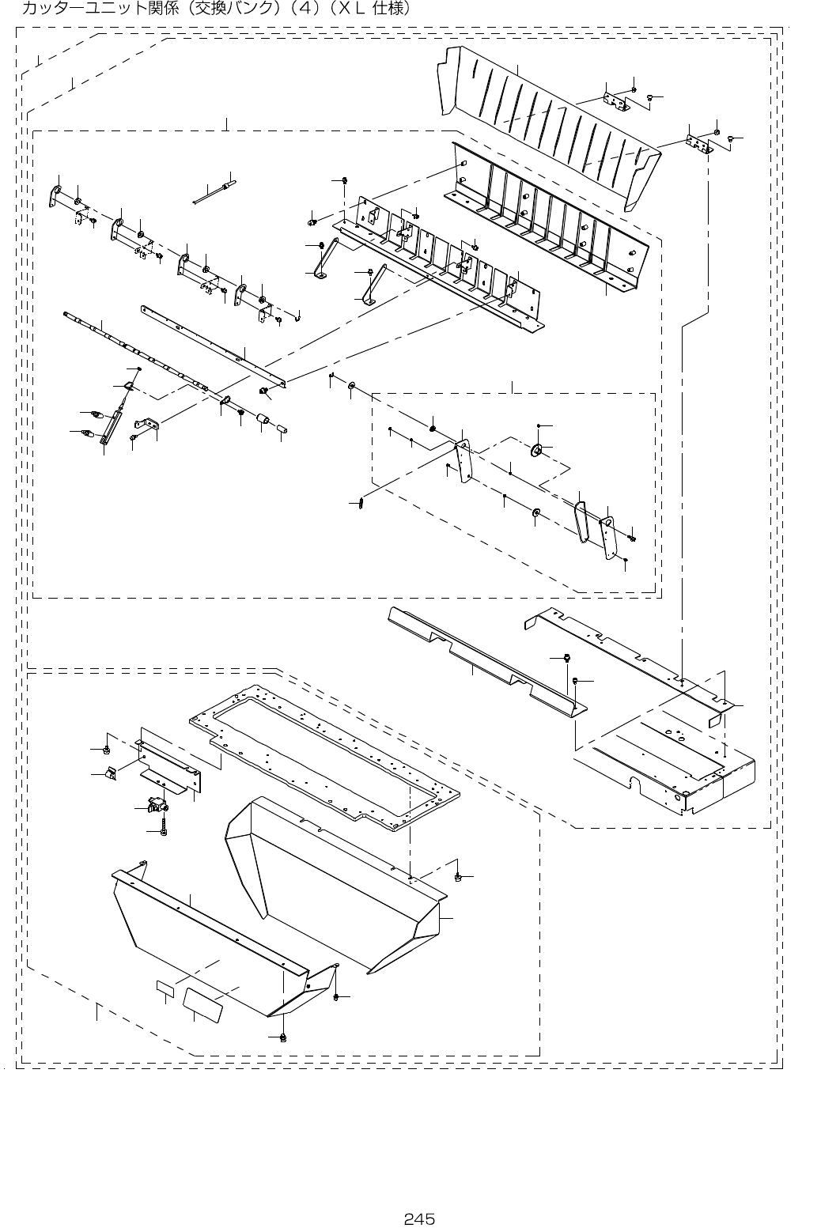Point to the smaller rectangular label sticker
pos(165,988)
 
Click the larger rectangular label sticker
pos(203,1000)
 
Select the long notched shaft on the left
pos(134,348)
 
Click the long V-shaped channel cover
pos(482,656)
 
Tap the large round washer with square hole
pos(535,451)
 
